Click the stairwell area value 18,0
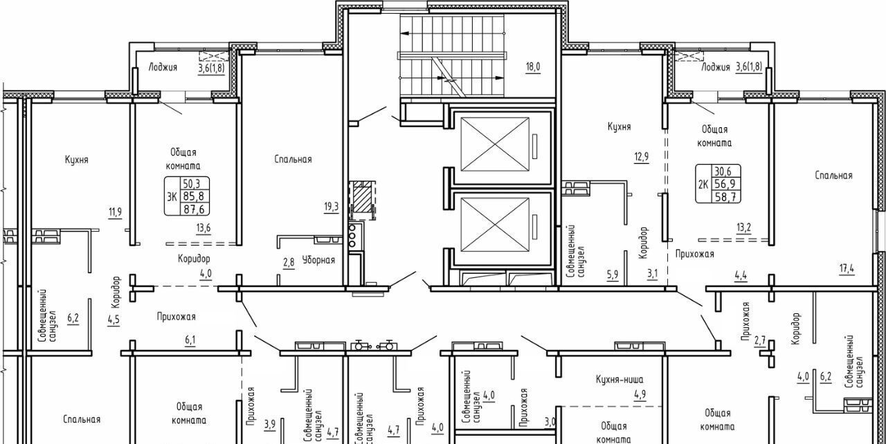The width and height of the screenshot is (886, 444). coord(533,67)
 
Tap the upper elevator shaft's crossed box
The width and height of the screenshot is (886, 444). coord(495,145)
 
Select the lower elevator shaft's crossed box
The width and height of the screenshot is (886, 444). coord(495,224)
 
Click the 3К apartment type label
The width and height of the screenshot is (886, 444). coord(172,196)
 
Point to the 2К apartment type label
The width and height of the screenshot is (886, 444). coord(703,184)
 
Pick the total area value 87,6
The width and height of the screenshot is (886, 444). coord(194,209)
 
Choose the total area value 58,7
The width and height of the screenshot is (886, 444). coord(725,196)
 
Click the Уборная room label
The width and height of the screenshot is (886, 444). coord(318,260)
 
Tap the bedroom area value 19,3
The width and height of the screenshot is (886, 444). coord(332,207)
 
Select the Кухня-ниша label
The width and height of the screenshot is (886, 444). coord(620,380)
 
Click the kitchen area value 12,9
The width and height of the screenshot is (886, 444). coord(642,157)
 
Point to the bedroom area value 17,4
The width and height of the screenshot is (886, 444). coord(847,269)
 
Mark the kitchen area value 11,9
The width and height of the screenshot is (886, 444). coord(115,212)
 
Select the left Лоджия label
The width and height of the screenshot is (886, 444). coord(163,67)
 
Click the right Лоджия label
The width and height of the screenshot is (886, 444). coord(716,67)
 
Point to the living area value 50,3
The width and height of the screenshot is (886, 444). coord(192,183)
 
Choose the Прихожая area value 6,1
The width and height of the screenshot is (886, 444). coord(190,340)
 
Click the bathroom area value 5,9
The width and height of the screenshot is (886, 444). coord(613,274)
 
